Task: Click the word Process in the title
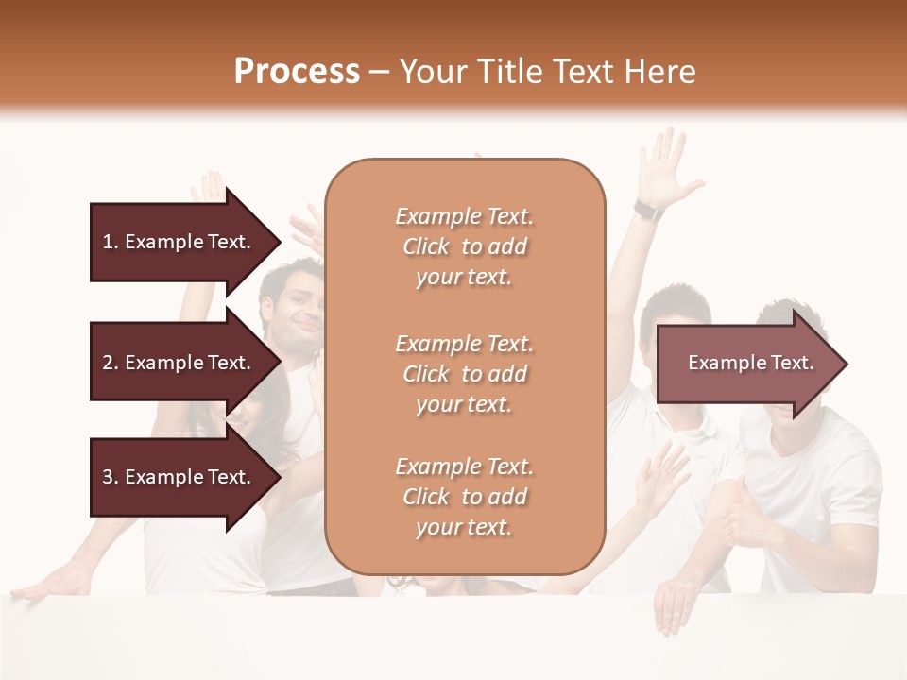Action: [297, 71]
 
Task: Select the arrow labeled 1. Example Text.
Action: [180, 242]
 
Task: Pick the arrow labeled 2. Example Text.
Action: [180, 363]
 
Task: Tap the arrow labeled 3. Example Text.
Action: [180, 477]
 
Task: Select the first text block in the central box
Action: [464, 246]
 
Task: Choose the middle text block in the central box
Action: [464, 374]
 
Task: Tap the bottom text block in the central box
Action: [464, 497]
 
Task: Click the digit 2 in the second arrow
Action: [108, 363]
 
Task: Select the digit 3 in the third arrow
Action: [108, 477]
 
